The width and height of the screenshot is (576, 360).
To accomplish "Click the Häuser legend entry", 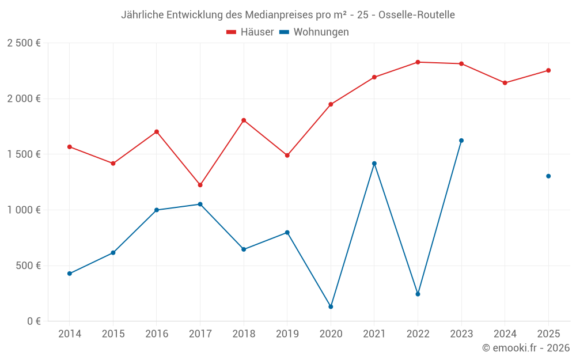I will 250,32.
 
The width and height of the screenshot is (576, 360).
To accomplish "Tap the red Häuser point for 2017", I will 200,185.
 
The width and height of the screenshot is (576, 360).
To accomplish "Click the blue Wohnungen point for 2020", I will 331,306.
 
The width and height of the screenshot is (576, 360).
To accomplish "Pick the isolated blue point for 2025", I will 548,176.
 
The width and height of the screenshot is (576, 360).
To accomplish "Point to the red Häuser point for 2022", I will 418,62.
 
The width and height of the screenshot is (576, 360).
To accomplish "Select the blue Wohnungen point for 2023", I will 461,141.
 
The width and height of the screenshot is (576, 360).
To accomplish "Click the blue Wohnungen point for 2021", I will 374,164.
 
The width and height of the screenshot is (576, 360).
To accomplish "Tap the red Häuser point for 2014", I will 70,147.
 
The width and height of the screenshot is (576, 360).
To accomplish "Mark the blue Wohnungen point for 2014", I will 70,274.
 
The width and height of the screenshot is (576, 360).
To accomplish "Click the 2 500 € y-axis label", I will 24,43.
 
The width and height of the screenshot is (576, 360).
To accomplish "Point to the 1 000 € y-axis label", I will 24,210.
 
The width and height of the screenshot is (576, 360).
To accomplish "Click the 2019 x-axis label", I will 287,334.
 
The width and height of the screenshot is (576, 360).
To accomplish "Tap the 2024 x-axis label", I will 505,334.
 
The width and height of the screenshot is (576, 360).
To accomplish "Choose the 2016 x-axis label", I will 157,334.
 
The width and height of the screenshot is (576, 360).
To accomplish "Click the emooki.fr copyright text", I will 526,348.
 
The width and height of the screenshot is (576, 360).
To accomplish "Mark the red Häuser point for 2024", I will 505,83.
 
